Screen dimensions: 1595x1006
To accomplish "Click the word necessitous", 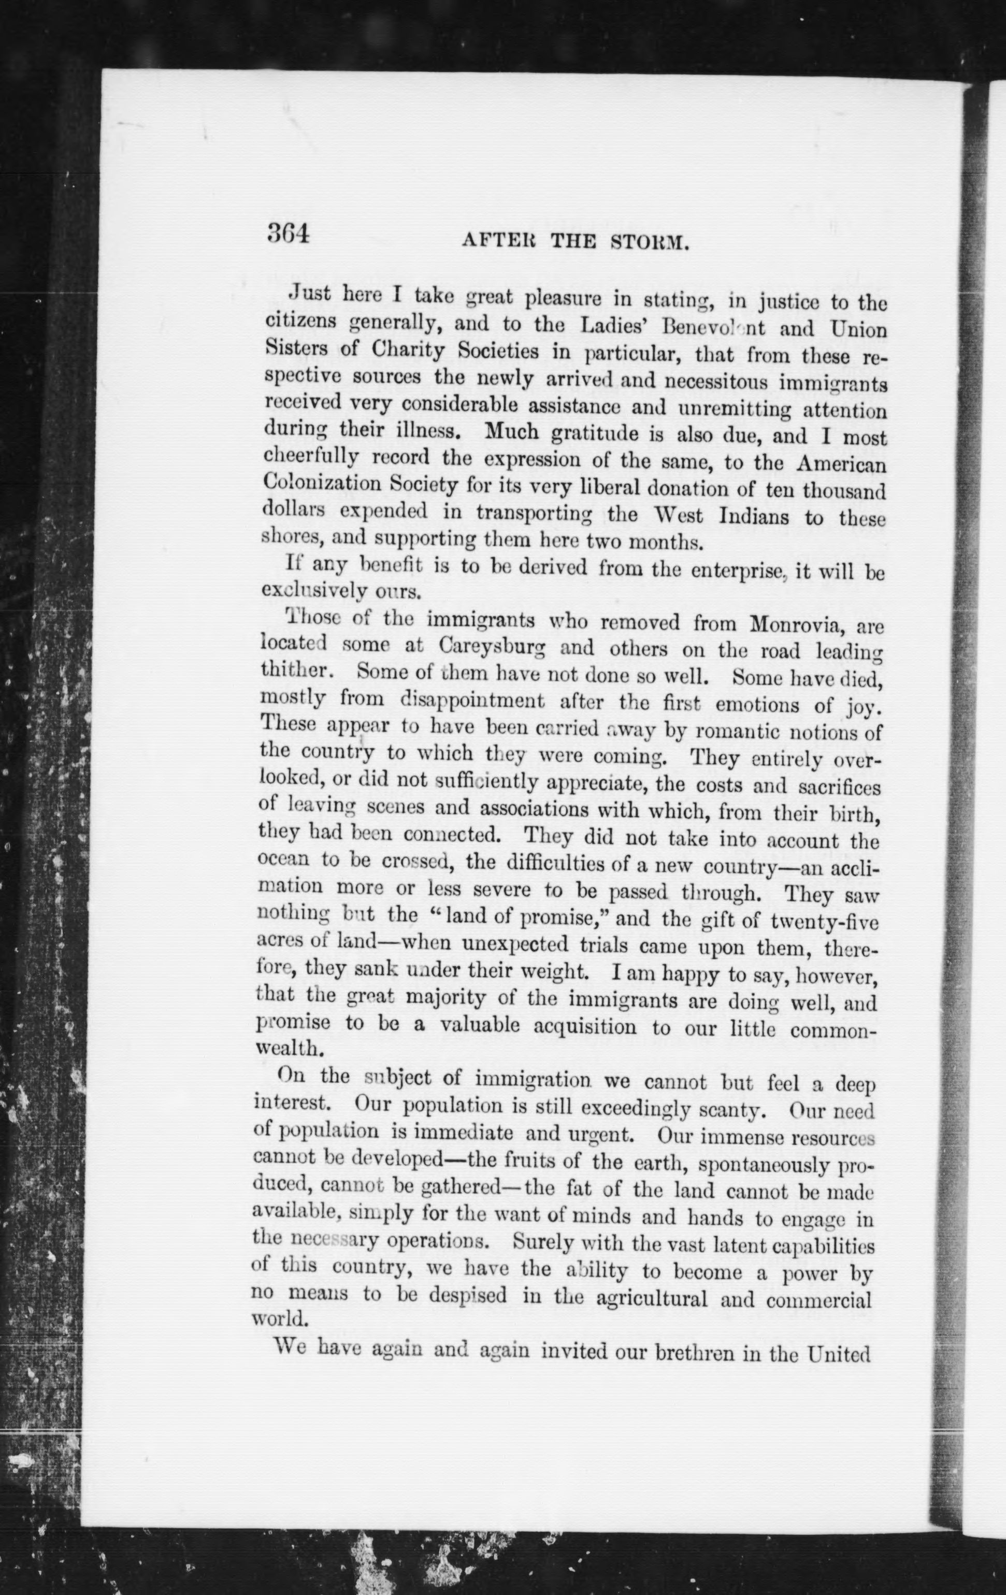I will [x=716, y=382].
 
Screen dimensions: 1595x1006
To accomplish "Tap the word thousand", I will [x=844, y=492].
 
